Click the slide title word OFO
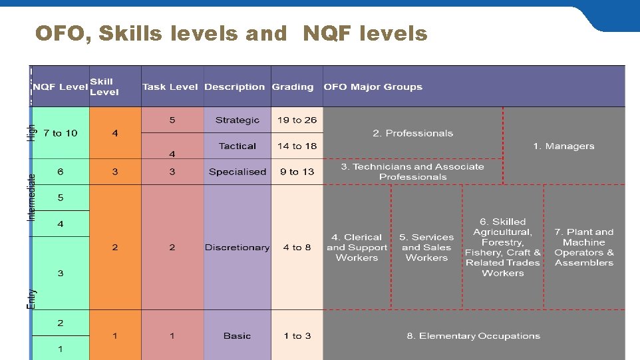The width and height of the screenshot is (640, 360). tap(60, 33)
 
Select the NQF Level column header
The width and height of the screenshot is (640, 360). tap(61, 87)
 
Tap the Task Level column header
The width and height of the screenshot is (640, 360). tap(170, 87)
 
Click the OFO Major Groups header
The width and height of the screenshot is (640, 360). tap(373, 87)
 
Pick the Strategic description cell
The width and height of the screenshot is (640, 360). tap(237, 120)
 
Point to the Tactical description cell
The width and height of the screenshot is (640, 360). tap(237, 146)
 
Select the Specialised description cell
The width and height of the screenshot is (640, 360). tap(237, 172)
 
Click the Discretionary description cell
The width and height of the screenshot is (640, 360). tap(237, 248)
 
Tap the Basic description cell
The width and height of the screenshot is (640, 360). tap(237, 336)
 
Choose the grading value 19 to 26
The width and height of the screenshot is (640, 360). tap(297, 120)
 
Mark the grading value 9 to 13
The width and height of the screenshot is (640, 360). tap(297, 172)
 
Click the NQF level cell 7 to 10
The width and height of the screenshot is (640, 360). tap(60, 133)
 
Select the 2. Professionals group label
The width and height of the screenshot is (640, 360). tap(412, 133)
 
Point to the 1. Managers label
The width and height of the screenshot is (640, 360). tap(563, 146)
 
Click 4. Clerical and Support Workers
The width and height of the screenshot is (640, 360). tap(357, 248)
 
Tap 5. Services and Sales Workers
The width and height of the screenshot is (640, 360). tap(426, 248)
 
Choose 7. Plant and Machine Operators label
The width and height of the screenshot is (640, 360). tap(583, 248)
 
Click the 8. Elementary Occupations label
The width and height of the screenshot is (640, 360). tap(473, 336)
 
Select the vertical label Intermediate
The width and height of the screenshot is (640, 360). tap(31, 198)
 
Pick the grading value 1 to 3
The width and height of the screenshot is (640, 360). tap(297, 336)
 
